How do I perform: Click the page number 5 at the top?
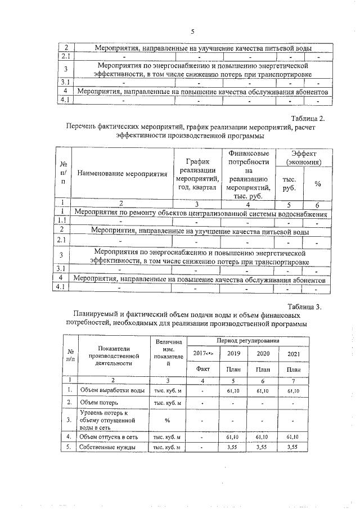tap(192, 31)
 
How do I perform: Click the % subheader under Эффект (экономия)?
tap(318, 184)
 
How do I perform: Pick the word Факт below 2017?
tap(202, 369)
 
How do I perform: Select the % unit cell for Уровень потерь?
tap(167, 420)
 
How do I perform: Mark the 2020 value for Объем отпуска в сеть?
tap(263, 436)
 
